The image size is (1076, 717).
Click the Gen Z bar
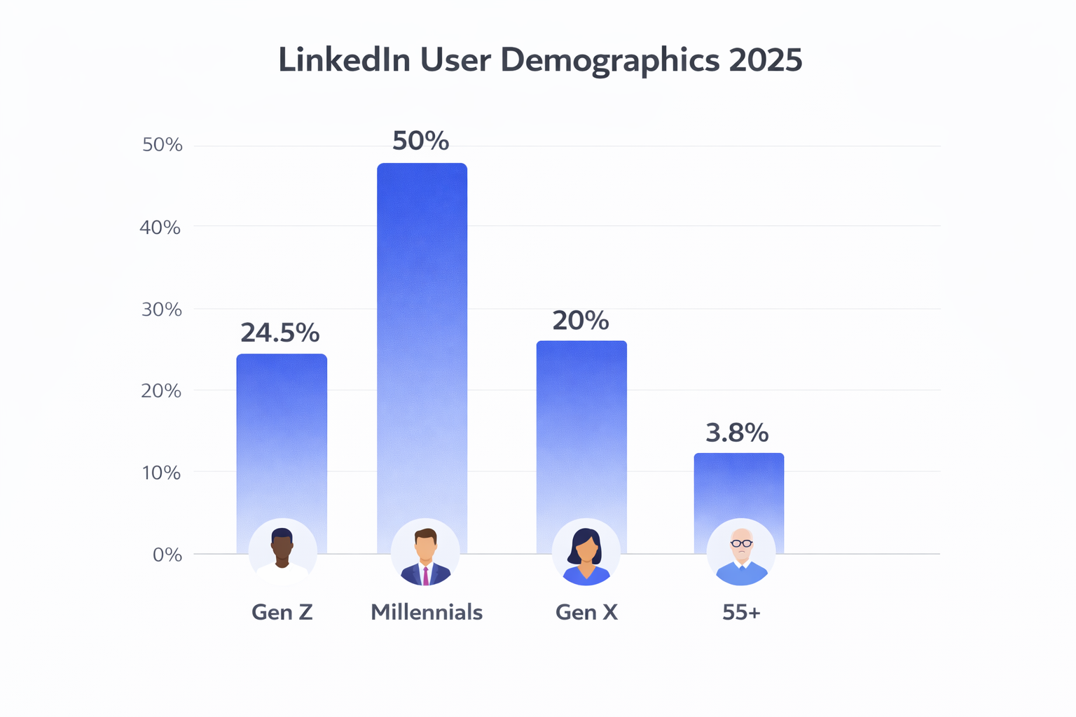(x=282, y=434)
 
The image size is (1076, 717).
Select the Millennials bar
(x=422, y=336)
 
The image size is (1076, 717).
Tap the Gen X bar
(x=581, y=427)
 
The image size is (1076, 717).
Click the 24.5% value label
(x=280, y=333)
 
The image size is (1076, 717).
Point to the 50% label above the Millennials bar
(x=420, y=141)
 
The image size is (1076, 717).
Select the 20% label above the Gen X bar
(x=581, y=321)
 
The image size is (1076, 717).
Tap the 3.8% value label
(x=737, y=433)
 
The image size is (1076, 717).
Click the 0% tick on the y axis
(x=167, y=555)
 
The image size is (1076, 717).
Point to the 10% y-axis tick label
(x=161, y=473)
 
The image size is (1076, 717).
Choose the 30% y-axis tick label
(x=161, y=309)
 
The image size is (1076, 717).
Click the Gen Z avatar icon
(x=282, y=552)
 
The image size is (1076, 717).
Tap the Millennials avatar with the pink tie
(x=425, y=554)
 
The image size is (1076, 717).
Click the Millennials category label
(x=427, y=613)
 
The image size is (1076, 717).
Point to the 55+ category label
(x=741, y=613)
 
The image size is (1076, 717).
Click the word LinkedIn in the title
(x=344, y=60)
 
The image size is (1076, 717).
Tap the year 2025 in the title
(x=765, y=60)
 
